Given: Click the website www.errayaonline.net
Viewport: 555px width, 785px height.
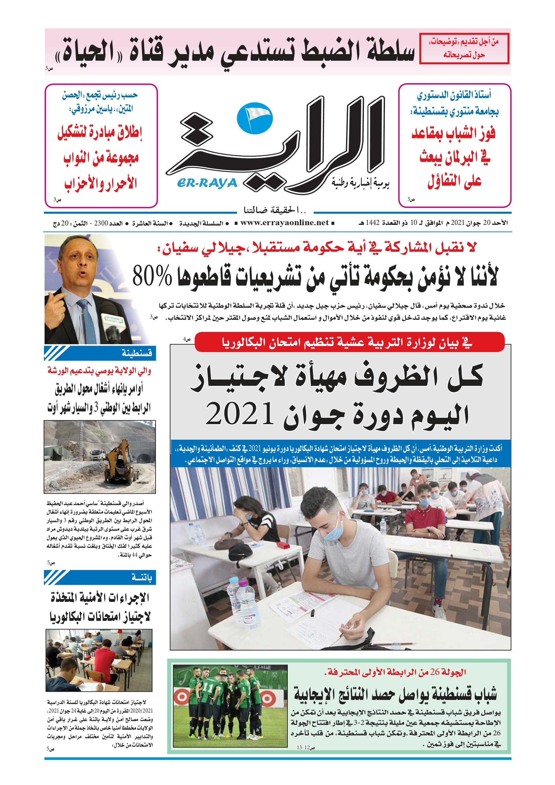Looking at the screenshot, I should click(x=284, y=223).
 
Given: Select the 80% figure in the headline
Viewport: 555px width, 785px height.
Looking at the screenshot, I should click(x=152, y=275).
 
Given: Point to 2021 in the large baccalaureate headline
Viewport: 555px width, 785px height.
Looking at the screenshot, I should click(x=240, y=413).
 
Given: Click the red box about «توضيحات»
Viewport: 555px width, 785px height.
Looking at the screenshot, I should click(x=464, y=48).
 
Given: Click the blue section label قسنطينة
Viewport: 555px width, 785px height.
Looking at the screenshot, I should click(x=137, y=353).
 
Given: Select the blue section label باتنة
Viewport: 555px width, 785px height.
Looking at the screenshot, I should click(x=142, y=578).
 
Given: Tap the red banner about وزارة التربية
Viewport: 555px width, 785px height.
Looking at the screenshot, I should click(x=349, y=342).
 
